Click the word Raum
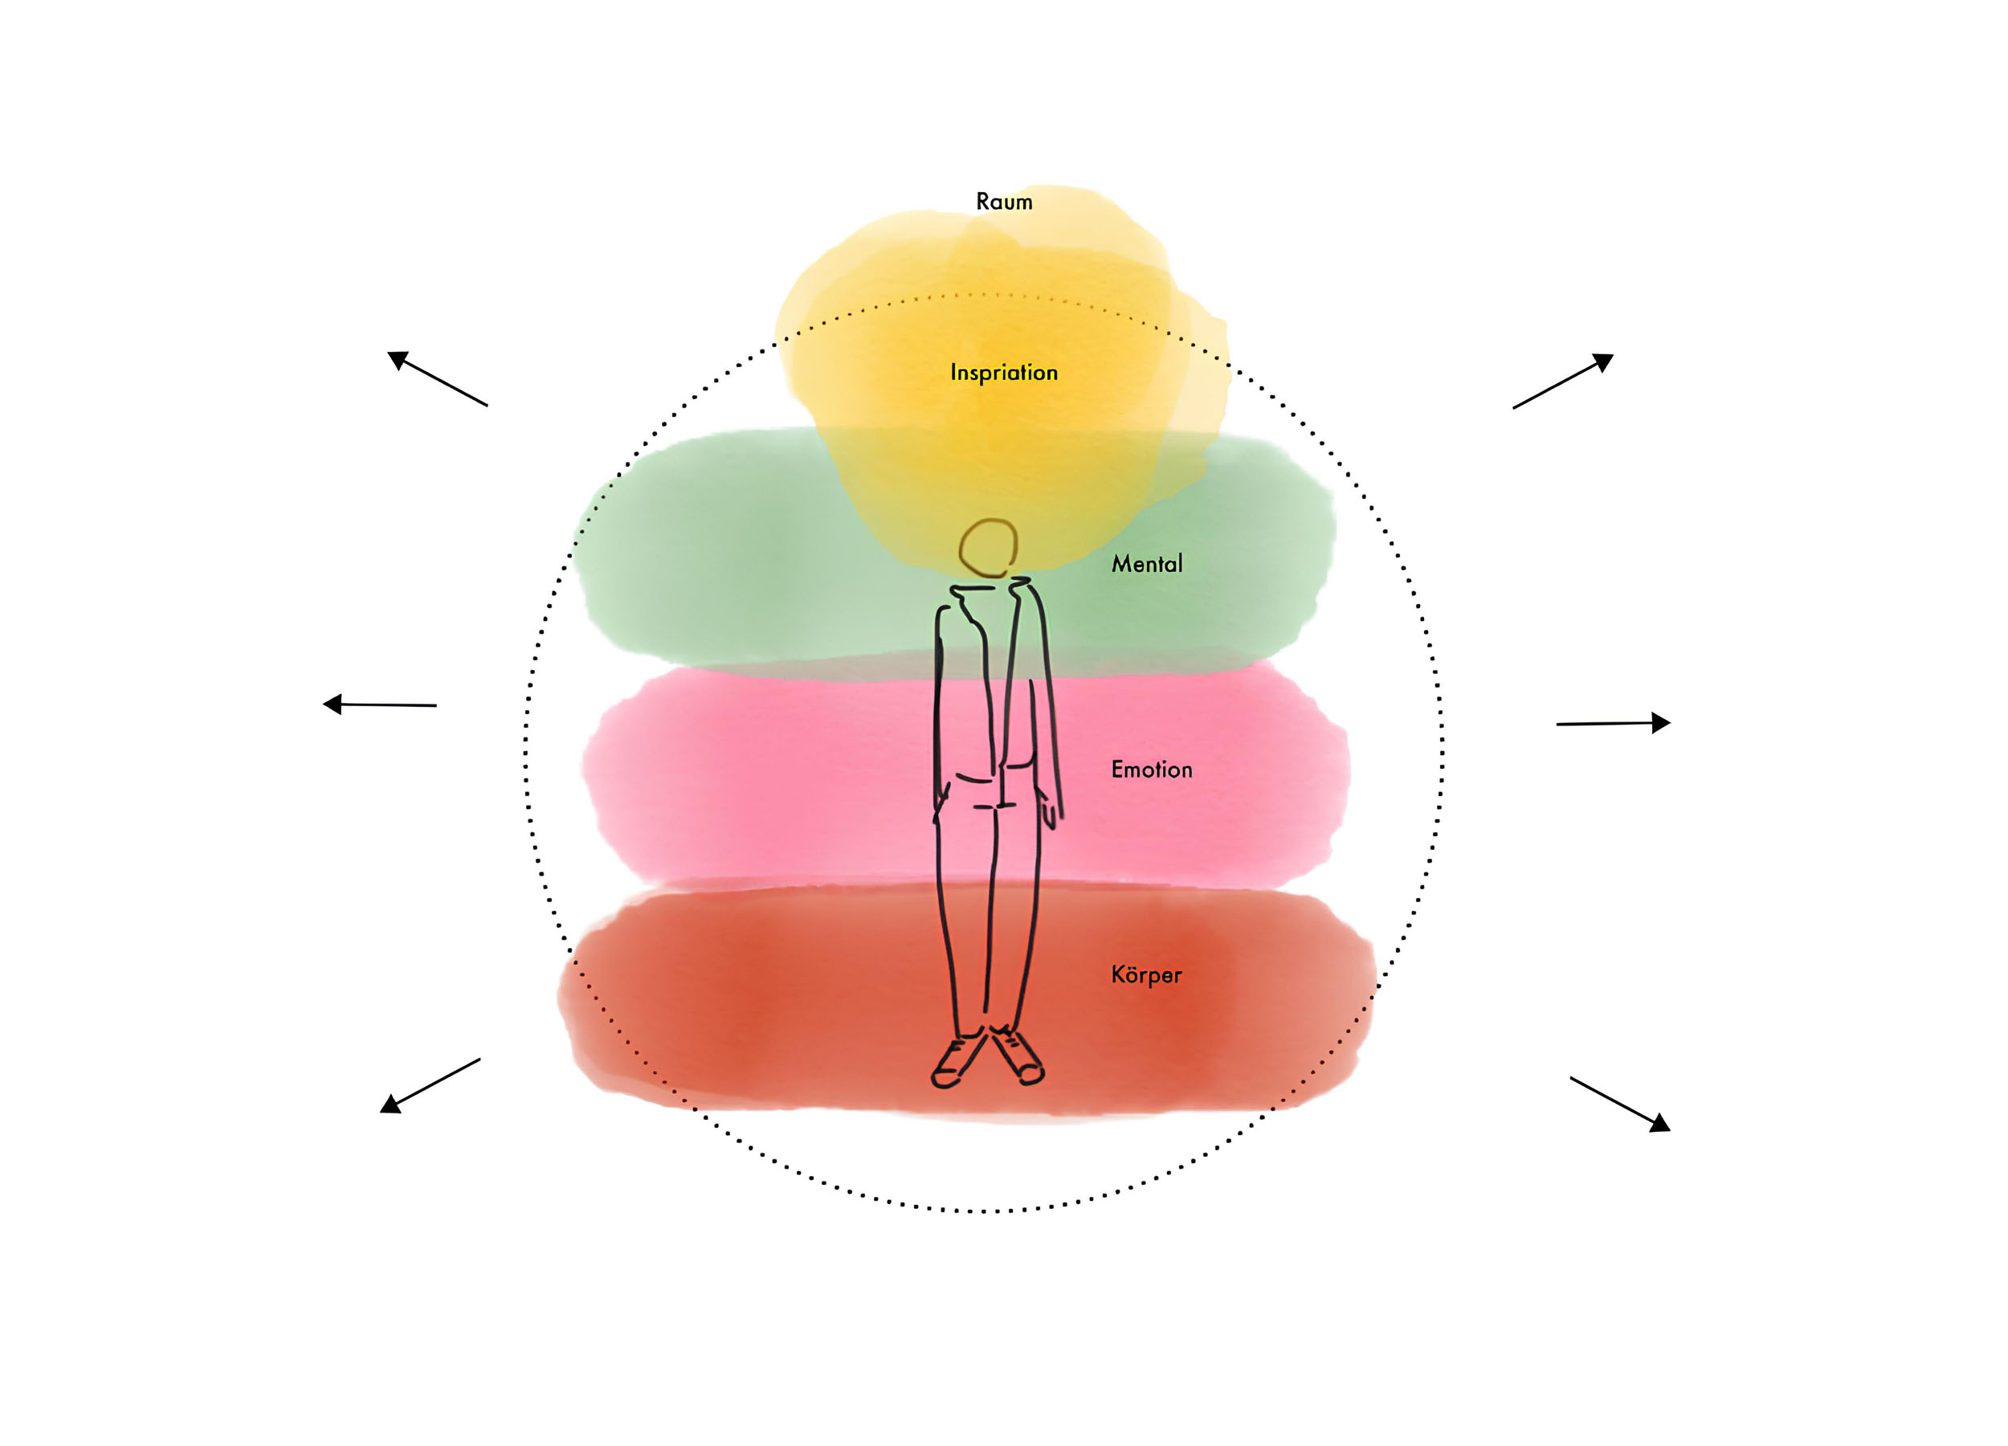[1004, 202]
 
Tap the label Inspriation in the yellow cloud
[1004, 373]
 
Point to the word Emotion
[1152, 770]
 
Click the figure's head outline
[988, 548]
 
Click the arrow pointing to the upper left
[438, 379]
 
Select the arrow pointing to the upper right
[1564, 381]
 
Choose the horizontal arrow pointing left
[379, 705]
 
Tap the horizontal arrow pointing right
[1613, 724]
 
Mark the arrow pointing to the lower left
[430, 1085]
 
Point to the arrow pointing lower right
[1620, 1105]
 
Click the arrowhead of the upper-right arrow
[1603, 361]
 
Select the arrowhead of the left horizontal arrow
[332, 704]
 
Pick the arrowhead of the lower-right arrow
[1660, 1124]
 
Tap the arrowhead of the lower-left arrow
[390, 1105]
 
